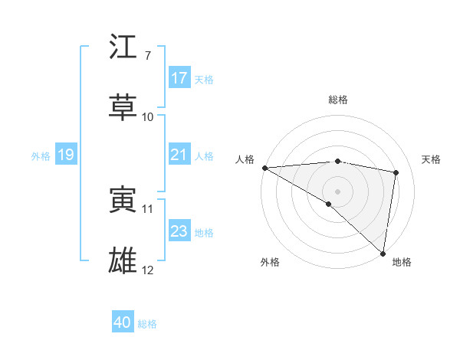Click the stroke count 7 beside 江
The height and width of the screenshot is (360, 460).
(x=148, y=56)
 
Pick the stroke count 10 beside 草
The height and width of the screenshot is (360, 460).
(x=148, y=117)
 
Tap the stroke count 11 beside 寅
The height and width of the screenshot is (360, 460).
(x=148, y=208)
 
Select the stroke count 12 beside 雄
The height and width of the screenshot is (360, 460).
(x=148, y=270)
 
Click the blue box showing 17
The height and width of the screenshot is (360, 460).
(x=179, y=78)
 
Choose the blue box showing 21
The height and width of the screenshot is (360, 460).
(x=179, y=155)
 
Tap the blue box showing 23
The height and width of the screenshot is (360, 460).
(x=179, y=231)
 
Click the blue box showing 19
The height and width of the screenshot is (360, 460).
(x=65, y=155)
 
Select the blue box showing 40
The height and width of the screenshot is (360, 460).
(x=123, y=323)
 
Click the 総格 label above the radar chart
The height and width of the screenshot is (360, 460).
(x=338, y=100)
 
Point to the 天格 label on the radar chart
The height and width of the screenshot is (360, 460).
(x=431, y=159)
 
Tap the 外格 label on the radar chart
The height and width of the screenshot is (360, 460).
(x=269, y=262)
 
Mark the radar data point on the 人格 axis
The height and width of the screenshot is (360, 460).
(x=264, y=167)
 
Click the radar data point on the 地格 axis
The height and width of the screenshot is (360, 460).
(x=383, y=253)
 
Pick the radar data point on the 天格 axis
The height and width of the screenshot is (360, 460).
(x=396, y=172)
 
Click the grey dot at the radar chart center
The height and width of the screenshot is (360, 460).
(x=337, y=190)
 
